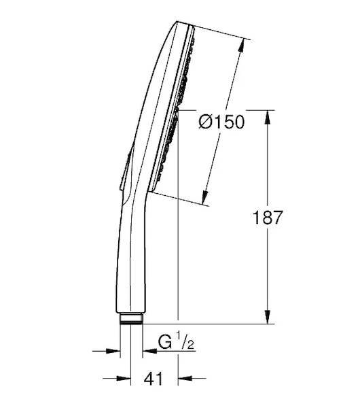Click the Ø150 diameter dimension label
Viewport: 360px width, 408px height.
pyautogui.click(x=221, y=122)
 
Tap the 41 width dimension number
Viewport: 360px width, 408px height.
pyautogui.click(x=153, y=379)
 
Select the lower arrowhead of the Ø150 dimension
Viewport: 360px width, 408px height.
pyautogui.click(x=205, y=197)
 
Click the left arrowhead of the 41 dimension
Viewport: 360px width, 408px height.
pyautogui.click(x=124, y=378)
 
